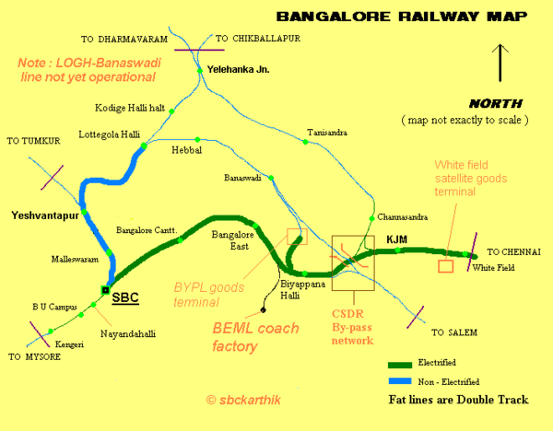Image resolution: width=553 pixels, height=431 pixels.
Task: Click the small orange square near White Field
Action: tap(445, 266)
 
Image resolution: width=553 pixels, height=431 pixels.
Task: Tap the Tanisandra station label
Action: tap(327, 134)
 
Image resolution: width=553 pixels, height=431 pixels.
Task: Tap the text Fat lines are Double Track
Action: tap(458, 401)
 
